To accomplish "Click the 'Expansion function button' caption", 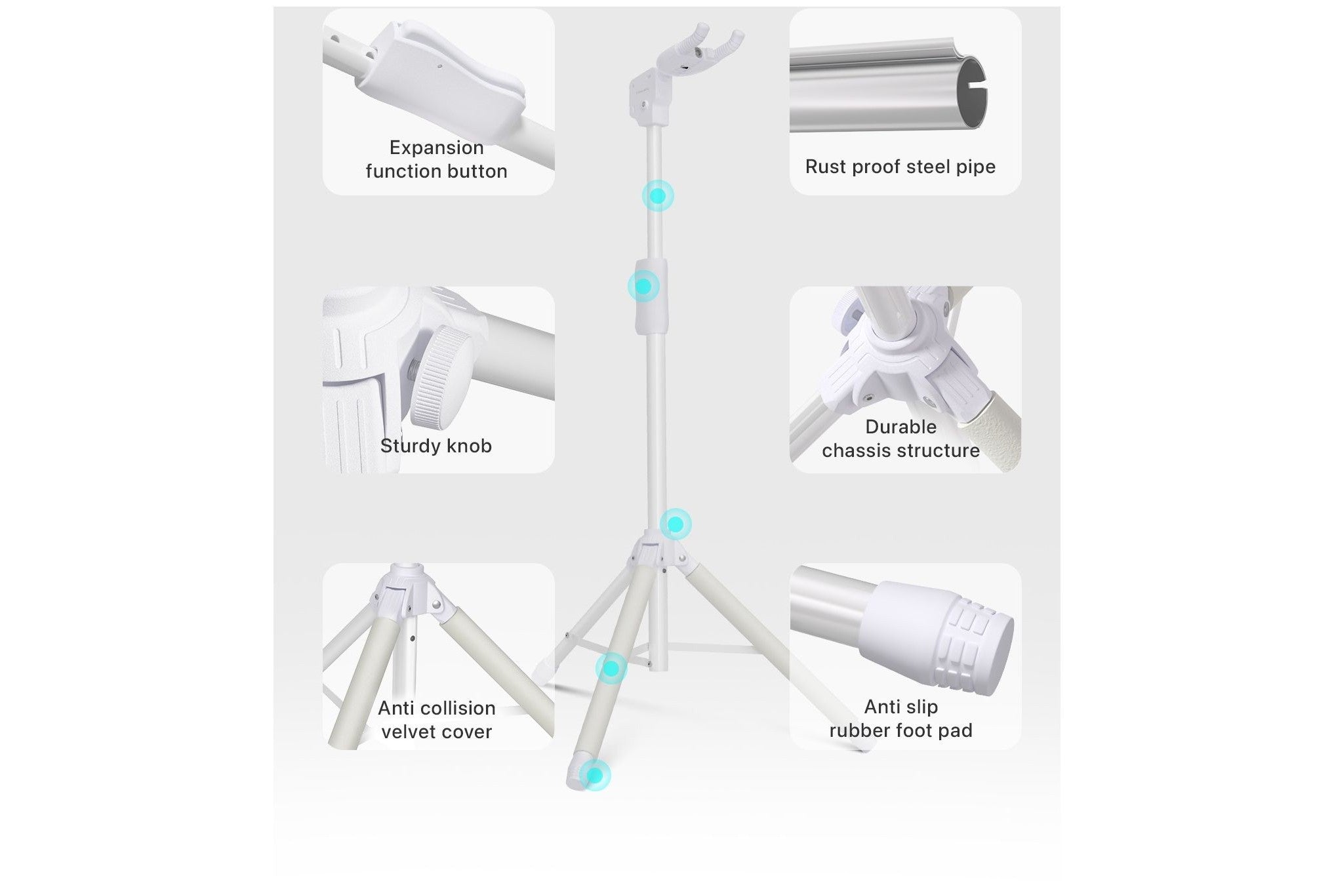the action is [436, 159].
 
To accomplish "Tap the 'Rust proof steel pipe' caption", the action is [900, 167].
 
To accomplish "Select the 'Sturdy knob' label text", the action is [436, 446].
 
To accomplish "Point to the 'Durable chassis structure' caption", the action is [900, 439].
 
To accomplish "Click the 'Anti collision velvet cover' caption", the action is [436, 720].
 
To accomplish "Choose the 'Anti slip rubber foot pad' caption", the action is [900, 719].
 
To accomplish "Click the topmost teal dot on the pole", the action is [658, 195].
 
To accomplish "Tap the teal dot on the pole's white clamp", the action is [643, 286].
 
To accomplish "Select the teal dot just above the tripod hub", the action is [676, 524].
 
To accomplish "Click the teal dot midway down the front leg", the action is [611, 669].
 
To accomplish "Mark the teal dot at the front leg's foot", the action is [595, 776].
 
